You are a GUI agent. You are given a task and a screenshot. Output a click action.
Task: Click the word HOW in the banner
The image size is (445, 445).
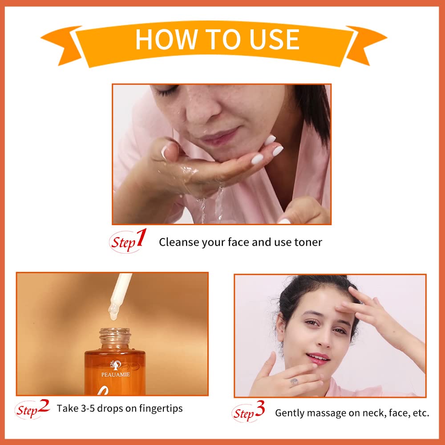[x=166, y=39]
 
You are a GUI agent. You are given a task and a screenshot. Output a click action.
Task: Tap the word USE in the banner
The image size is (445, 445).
[x=274, y=39]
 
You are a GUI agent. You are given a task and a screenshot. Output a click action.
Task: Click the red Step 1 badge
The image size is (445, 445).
[x=128, y=241]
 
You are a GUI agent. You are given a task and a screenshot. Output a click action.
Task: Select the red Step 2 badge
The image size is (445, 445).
[x=32, y=409]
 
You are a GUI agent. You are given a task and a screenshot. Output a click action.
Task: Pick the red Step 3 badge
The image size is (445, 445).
[x=248, y=412]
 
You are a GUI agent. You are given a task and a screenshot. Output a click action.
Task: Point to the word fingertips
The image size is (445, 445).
[x=161, y=409]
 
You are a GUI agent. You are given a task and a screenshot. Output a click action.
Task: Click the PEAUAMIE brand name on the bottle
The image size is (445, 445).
[x=116, y=375]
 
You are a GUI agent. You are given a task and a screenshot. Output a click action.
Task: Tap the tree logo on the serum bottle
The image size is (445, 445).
[x=116, y=365]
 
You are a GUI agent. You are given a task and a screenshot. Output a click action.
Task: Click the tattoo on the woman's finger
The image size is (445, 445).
[x=294, y=382]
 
